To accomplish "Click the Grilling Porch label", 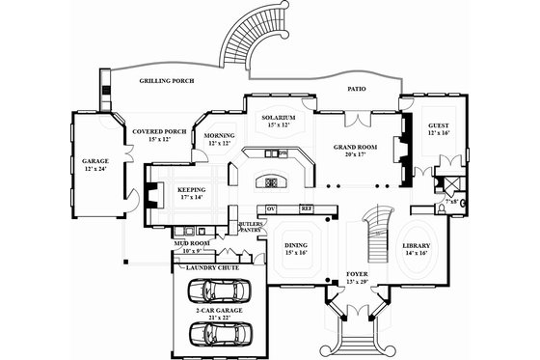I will pyautogui.click(x=167, y=81).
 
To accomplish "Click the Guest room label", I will pyautogui.click(x=439, y=125).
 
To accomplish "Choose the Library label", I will pyautogui.click(x=416, y=245).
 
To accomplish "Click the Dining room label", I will pyautogui.click(x=295, y=245).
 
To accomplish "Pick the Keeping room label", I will pyautogui.click(x=192, y=190).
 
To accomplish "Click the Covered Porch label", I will pyautogui.click(x=158, y=130).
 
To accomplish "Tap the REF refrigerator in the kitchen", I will pyautogui.click(x=307, y=208).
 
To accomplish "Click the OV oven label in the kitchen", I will pyautogui.click(x=271, y=208).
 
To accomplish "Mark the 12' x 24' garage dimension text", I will pyautogui.click(x=94, y=169).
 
